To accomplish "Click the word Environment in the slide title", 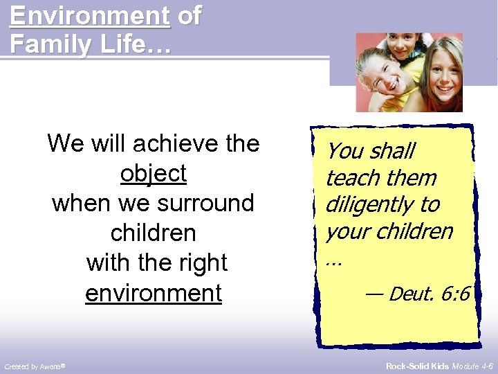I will click(90, 15).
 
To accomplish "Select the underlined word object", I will click(154, 173).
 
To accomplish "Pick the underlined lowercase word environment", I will click(154, 293).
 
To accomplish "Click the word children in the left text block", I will click(154, 233).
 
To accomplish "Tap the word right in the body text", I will click(201, 263).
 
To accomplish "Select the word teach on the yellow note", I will click(352, 178).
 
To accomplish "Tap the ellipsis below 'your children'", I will click(333, 262).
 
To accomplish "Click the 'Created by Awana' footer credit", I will click(35, 366).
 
